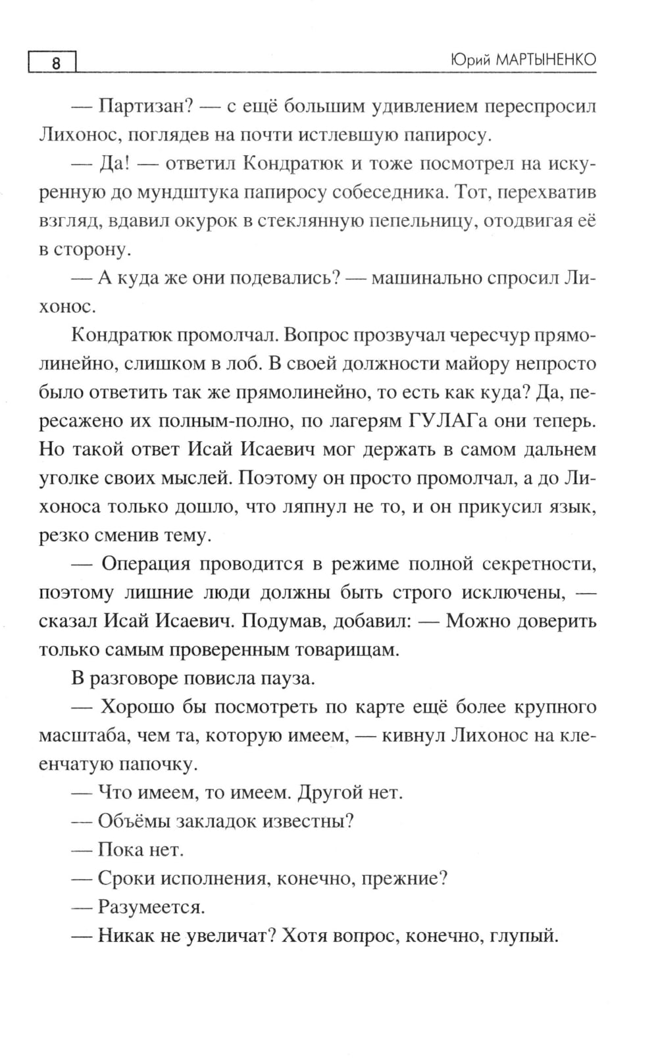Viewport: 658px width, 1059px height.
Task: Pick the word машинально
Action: pos(425,278)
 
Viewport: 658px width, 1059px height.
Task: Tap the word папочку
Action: pos(156,764)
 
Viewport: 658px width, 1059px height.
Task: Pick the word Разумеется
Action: pos(151,907)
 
